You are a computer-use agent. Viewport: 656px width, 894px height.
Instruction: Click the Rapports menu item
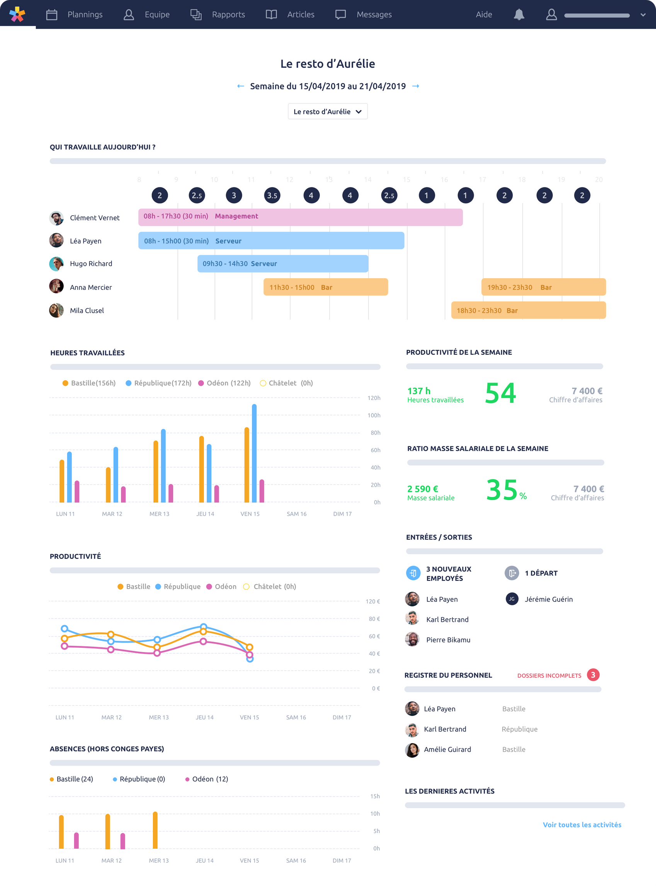228,15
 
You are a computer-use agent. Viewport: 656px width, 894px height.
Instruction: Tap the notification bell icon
518,15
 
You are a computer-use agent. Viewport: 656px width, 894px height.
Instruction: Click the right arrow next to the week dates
415,86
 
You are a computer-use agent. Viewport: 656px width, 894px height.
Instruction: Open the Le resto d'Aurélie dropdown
327,112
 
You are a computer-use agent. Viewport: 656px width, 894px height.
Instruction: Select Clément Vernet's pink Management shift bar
300,217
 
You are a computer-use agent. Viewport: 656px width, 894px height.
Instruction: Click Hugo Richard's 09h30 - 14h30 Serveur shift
282,264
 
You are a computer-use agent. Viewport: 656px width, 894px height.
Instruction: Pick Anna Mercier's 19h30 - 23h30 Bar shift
543,287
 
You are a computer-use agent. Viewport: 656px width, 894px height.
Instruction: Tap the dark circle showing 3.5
272,196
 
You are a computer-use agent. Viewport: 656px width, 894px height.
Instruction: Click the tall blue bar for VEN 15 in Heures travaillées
254,453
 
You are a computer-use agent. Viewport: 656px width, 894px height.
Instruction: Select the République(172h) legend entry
158,383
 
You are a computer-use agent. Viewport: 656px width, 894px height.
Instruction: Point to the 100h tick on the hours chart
374,415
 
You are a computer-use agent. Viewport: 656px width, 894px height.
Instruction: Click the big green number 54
500,393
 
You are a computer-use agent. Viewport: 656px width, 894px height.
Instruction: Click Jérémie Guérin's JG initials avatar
512,599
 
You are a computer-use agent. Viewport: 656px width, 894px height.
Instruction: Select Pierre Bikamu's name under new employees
448,640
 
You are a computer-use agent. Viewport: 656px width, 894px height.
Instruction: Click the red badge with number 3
593,675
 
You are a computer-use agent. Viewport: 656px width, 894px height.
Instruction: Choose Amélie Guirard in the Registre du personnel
447,749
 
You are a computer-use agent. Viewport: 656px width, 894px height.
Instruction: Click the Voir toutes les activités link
582,825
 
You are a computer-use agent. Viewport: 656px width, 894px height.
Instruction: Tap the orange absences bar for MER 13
155,830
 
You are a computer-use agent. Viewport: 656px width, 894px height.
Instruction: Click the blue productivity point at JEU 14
203,627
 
